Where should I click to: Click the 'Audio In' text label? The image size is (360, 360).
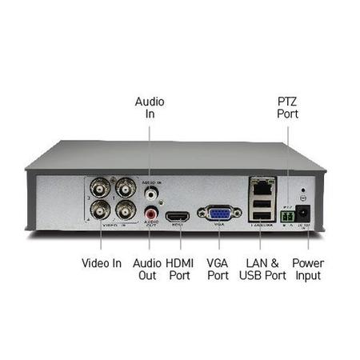tap(150, 108)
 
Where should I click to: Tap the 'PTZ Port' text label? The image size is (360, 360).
tap(288, 108)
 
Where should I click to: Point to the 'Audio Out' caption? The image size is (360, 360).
tap(148, 270)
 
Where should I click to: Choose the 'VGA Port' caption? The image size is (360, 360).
tap(218, 270)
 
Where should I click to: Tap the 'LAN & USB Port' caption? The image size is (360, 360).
tap(262, 270)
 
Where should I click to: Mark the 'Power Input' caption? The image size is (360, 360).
tap(307, 270)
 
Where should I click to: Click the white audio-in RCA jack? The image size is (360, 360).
tap(150, 193)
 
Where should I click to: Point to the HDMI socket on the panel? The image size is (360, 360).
tap(177, 216)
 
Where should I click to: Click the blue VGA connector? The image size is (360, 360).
tap(218, 214)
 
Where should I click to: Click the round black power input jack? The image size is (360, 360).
tap(303, 214)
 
